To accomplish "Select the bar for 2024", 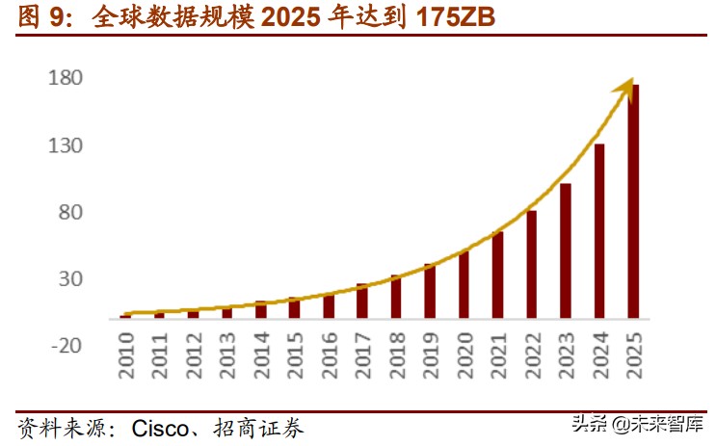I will [599, 231].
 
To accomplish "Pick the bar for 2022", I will [532, 264].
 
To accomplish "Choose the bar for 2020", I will [464, 285].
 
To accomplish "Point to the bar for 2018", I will [396, 297].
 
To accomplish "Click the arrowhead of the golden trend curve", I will [626, 88].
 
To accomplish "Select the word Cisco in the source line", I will [160, 426].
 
